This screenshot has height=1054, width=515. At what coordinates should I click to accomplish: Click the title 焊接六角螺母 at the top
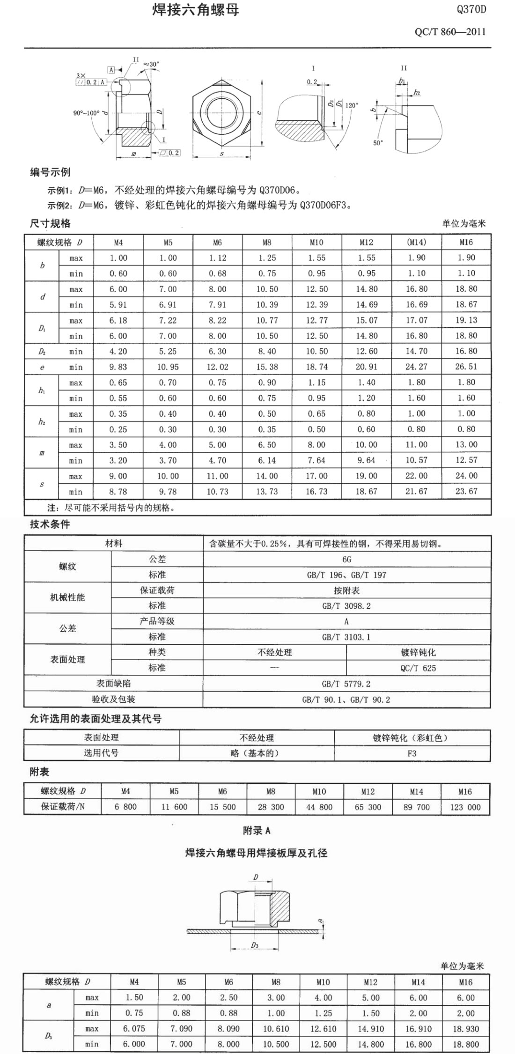point(196,10)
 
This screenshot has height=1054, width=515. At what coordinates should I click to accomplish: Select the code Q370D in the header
point(471,9)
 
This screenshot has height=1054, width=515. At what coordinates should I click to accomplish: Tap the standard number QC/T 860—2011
point(450,32)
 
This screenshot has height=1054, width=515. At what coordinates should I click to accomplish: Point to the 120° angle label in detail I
point(351,105)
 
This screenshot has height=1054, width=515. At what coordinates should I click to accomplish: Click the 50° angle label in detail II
point(378,143)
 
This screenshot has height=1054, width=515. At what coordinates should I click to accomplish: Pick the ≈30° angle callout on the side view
point(151,64)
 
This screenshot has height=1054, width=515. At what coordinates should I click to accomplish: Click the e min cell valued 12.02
point(217,367)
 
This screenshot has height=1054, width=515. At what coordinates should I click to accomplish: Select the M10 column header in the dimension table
point(316,242)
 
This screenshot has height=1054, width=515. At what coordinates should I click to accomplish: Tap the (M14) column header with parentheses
point(416,242)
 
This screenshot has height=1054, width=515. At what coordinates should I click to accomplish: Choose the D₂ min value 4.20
point(118,352)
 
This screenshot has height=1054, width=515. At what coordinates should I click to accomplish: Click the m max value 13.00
point(466,445)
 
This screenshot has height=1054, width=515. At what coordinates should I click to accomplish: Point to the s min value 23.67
point(466,492)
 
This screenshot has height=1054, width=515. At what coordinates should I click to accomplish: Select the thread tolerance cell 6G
point(346,560)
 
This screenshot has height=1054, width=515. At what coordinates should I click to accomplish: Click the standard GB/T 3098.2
point(346,606)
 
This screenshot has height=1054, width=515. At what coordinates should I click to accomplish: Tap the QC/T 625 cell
point(418,668)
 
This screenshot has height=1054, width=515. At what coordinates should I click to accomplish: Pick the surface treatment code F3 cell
point(412,753)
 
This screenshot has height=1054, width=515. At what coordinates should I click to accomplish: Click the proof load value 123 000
point(465,807)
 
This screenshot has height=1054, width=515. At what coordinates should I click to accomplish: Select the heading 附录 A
point(257,831)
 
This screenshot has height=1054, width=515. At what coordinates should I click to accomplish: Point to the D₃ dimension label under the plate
point(254,945)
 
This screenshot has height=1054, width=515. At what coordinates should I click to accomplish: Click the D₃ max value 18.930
point(465,1029)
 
